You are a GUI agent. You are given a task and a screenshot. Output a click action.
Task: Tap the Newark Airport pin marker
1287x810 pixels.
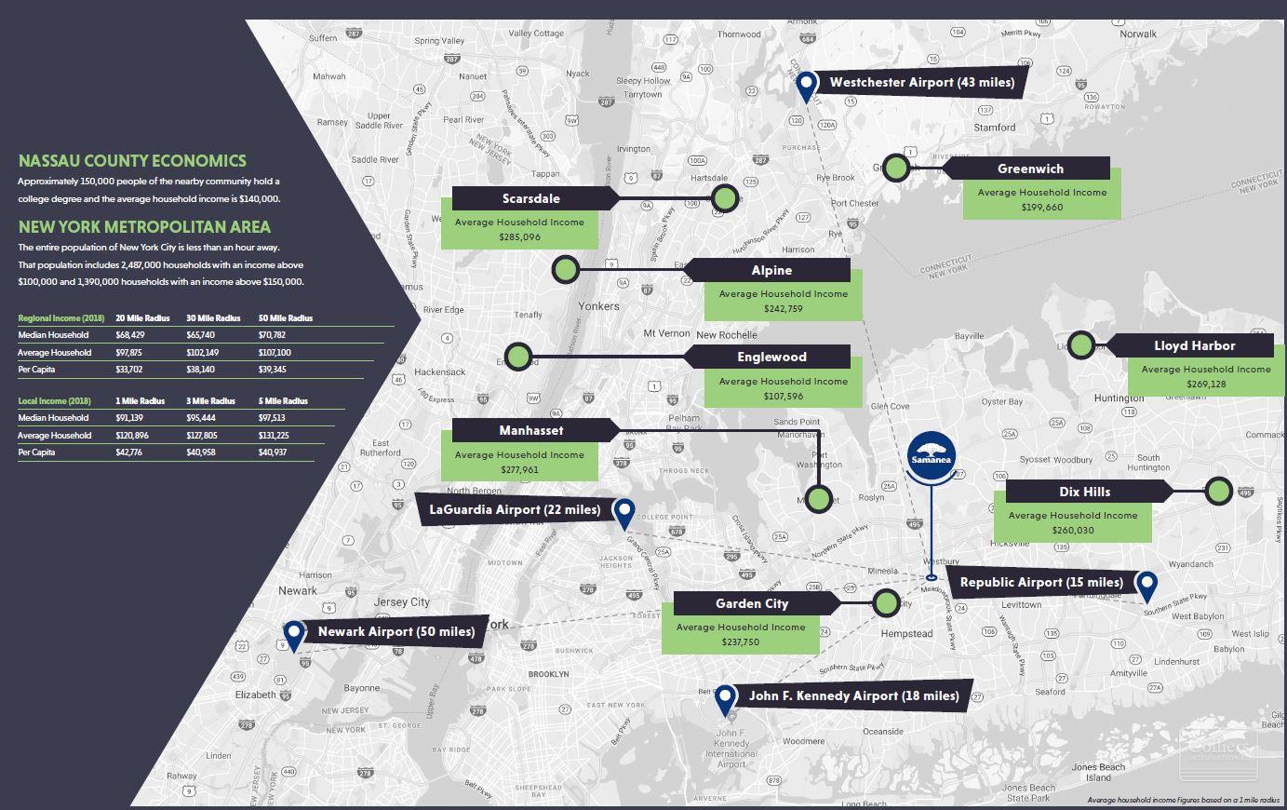tap(294, 634)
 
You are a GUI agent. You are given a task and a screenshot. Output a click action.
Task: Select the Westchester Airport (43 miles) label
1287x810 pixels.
tap(921, 83)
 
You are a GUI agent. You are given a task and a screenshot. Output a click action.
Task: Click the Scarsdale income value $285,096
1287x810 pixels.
tap(519, 237)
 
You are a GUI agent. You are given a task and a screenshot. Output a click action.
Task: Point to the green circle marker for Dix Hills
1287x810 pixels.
tap(1218, 491)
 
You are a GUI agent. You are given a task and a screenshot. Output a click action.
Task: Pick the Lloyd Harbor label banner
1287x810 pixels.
tap(1194, 345)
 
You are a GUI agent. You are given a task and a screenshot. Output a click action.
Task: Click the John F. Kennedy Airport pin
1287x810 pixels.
tap(725, 699)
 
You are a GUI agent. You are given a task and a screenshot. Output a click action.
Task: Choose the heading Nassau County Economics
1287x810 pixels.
tap(132, 160)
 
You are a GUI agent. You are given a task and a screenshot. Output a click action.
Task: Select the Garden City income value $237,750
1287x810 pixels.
tap(740, 642)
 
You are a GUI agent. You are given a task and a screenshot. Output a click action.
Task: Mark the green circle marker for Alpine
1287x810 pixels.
tap(565, 271)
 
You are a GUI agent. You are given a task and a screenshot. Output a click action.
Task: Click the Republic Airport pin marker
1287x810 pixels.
tap(1146, 585)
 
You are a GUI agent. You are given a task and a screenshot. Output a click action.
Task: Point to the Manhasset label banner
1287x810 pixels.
tap(530, 430)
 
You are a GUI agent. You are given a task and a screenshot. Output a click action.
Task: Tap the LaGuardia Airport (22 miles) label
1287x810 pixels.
tap(515, 510)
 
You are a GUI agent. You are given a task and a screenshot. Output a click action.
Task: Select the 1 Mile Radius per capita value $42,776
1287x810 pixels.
tap(128, 452)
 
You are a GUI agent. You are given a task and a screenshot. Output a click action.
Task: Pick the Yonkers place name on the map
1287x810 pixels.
tap(598, 305)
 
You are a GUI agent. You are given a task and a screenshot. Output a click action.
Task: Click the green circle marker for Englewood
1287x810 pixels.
tap(518, 357)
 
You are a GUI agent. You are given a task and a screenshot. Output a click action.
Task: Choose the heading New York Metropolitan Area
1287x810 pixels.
tap(144, 226)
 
